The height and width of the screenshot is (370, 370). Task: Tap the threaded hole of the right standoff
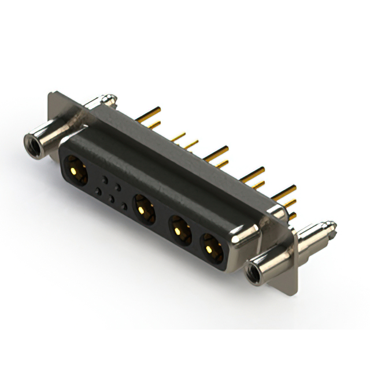(x=254, y=272)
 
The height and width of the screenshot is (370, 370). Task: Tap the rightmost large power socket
(x=210, y=247)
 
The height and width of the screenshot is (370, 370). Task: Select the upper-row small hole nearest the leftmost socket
(x=105, y=180)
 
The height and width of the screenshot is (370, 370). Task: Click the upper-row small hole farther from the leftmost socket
(x=117, y=187)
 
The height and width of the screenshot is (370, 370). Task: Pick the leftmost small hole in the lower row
(x=99, y=191)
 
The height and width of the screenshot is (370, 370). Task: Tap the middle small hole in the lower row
(x=112, y=199)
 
